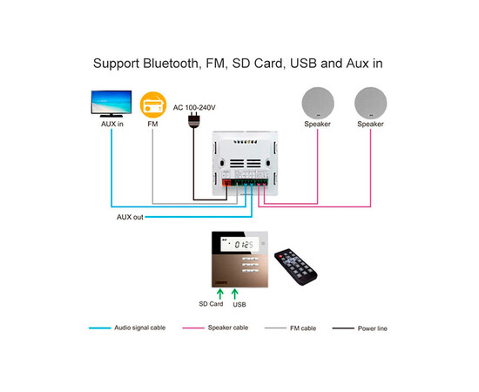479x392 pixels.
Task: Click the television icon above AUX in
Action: [x=111, y=102]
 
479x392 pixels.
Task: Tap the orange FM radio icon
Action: [x=153, y=104]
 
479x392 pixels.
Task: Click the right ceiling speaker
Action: [x=370, y=103]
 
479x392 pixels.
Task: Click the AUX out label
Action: [x=132, y=217]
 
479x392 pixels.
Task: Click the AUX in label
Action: [x=112, y=125]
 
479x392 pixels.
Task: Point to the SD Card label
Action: [x=211, y=304]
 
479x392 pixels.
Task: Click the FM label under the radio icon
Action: [x=153, y=125]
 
